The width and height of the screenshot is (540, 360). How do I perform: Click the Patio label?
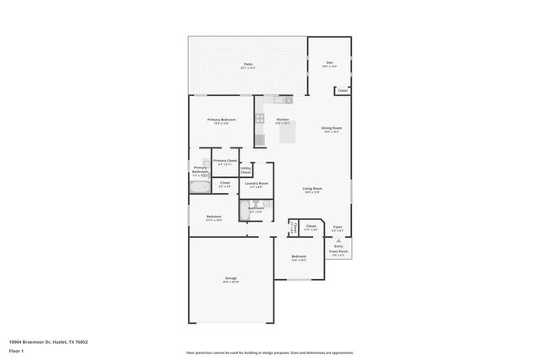pyautogui.click(x=249, y=64)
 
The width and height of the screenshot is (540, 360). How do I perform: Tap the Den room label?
pyautogui.click(x=330, y=63)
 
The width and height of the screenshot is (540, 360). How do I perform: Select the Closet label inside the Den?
pyautogui.click(x=342, y=90)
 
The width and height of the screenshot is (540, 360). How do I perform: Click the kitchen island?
pyautogui.click(x=287, y=132)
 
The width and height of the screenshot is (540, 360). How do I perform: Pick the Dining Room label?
pyautogui.click(x=330, y=128)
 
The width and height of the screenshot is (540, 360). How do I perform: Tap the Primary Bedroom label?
pyautogui.click(x=222, y=120)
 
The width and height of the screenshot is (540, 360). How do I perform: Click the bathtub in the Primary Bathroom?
pyautogui.click(x=199, y=188)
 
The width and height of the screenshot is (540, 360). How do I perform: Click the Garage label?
pyautogui.click(x=231, y=280)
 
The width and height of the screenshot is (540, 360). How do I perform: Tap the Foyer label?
pyautogui.click(x=337, y=227)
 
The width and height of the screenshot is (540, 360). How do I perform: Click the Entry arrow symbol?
pyautogui.click(x=338, y=240)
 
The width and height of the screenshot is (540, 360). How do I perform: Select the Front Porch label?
pyautogui.click(x=338, y=251)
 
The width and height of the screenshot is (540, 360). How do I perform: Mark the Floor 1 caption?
pyautogui.click(x=17, y=350)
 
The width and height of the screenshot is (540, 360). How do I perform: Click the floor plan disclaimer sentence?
pyautogui.click(x=269, y=353)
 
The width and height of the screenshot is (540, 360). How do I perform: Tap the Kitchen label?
pyautogui.click(x=283, y=120)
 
